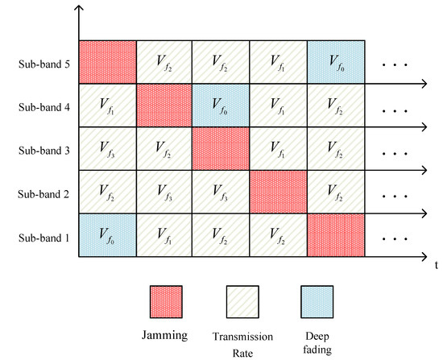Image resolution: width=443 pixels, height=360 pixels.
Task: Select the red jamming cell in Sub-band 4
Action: [x=164, y=104]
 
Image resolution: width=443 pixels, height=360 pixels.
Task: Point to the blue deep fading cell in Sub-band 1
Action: [x=107, y=236]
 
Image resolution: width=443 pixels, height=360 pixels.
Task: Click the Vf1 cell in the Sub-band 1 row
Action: [x=164, y=236]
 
